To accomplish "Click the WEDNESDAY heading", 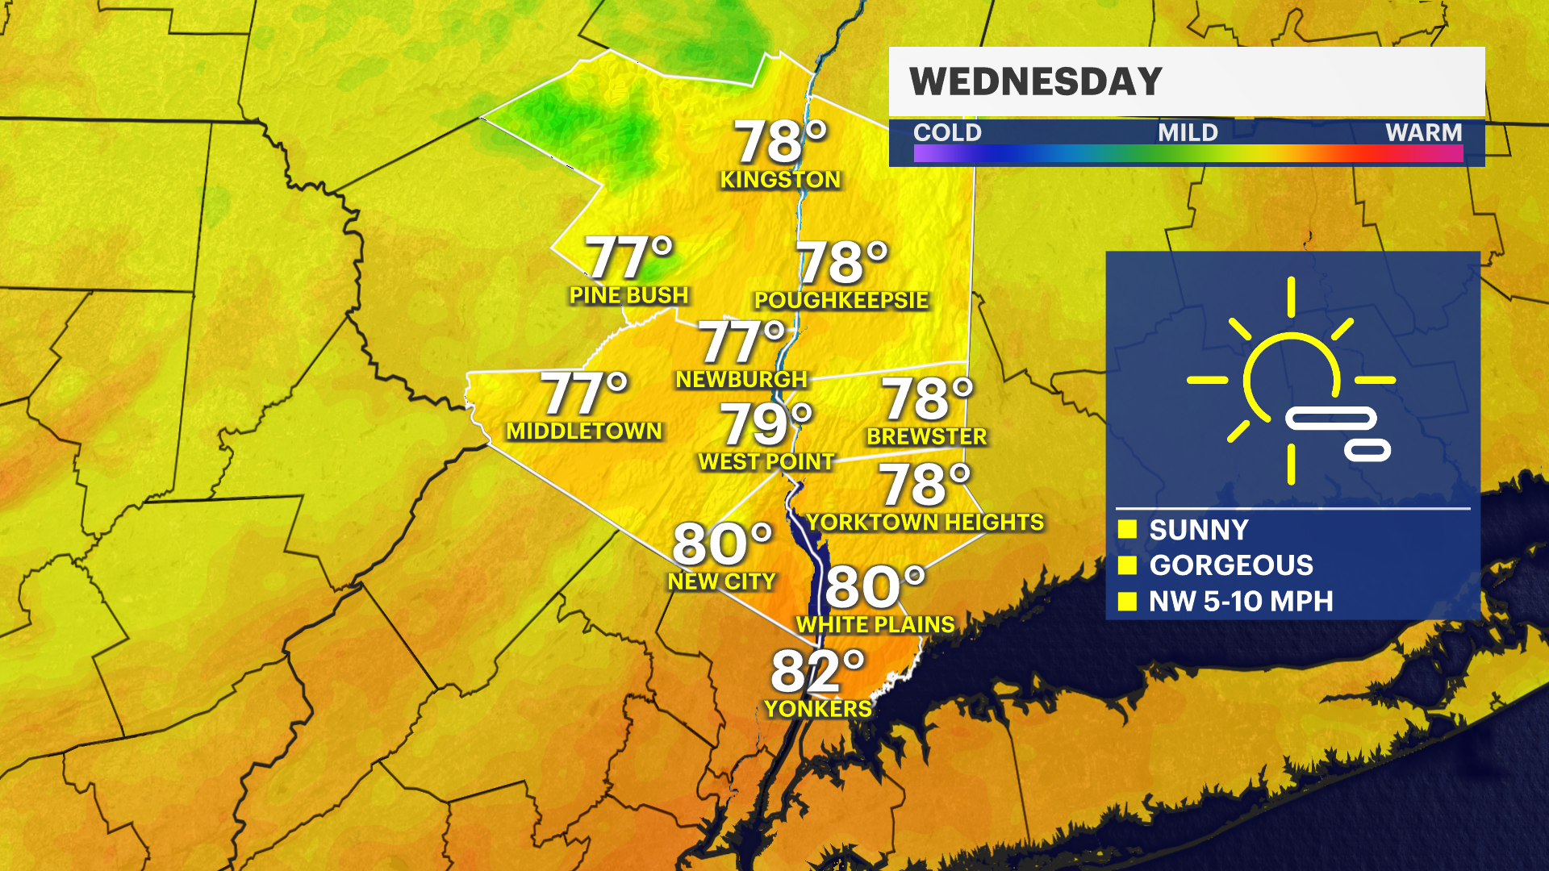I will [1035, 82].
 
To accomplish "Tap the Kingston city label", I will [780, 180].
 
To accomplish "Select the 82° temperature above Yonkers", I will [816, 671].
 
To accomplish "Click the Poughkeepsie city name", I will [841, 300].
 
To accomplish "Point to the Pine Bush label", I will [628, 295].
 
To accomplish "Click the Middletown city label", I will [584, 431].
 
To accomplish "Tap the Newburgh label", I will [741, 379].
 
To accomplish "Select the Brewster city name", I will [926, 437].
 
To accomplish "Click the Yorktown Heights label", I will [925, 523].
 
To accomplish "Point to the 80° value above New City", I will [721, 544].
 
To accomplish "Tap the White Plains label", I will [875, 625].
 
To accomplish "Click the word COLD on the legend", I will [947, 132].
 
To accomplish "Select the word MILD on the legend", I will [1188, 132].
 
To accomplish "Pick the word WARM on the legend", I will [1423, 132].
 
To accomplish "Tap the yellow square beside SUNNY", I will [1127, 530].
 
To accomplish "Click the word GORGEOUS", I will [1231, 565].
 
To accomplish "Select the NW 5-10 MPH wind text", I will [1241, 602].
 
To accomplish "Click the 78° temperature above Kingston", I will [780, 143].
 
